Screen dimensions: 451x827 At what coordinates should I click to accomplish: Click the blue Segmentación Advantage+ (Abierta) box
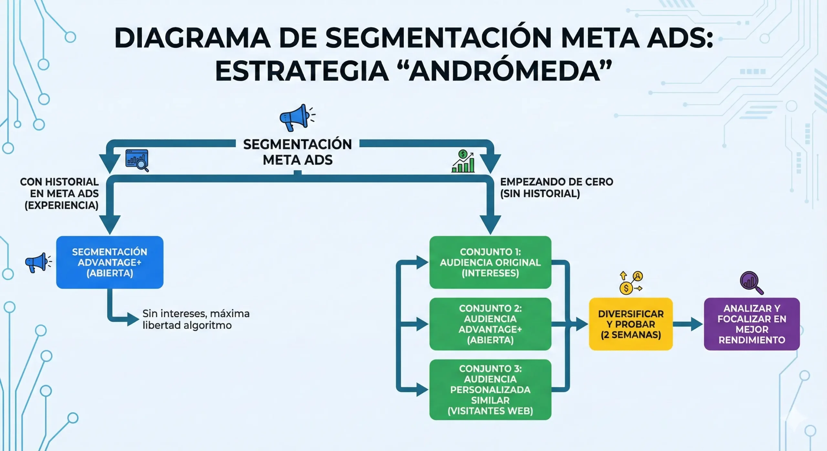[110, 262]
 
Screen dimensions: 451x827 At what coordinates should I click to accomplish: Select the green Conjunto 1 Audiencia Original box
[490, 262]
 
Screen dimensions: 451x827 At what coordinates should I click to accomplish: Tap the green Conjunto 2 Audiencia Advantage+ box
[490, 324]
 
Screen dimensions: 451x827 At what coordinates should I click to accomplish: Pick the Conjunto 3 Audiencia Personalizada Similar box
[490, 389]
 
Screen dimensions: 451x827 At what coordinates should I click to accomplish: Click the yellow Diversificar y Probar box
[631, 324]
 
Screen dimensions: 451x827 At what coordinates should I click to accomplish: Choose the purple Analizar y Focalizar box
[751, 324]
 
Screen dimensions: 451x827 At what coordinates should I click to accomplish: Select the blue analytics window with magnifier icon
[137, 160]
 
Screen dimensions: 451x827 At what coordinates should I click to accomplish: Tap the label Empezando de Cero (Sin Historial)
[556, 187]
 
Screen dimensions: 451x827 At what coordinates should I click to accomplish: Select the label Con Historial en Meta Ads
[60, 193]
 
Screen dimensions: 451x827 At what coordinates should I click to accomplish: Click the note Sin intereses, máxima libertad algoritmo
[196, 319]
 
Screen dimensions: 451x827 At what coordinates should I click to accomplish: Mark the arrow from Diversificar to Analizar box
[687, 324]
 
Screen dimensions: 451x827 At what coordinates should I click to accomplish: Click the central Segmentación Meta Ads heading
[297, 152]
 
